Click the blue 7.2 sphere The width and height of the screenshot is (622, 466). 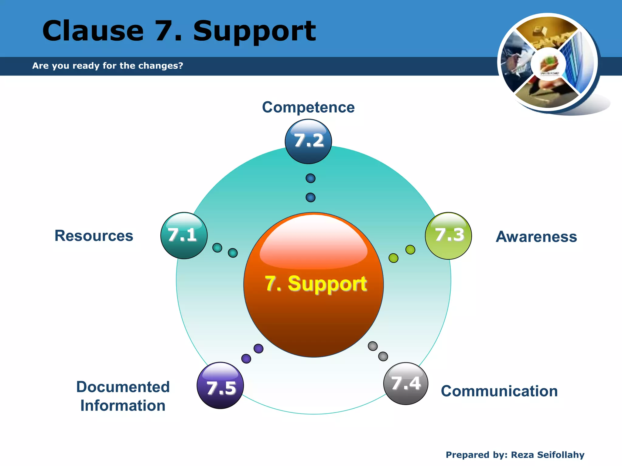[x=308, y=141]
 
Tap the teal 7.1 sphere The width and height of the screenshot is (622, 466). [x=184, y=235]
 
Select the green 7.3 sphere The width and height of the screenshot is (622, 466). [x=448, y=236]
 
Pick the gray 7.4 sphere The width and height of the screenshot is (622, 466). [x=406, y=383]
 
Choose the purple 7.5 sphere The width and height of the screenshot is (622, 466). [x=220, y=386]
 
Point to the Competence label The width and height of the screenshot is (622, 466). [x=308, y=107]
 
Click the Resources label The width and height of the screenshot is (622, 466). [x=94, y=236]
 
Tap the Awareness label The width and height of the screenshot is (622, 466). [x=536, y=237]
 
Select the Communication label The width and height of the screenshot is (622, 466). [x=499, y=391]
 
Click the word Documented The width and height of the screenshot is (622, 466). [x=123, y=387]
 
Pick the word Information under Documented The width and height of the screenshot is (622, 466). [x=123, y=406]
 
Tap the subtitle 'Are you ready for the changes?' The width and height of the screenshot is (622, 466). [x=108, y=66]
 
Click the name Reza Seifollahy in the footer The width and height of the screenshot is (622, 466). [x=548, y=455]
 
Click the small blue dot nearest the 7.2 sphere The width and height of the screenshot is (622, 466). [x=310, y=178]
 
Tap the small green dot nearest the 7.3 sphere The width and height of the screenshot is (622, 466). [x=410, y=250]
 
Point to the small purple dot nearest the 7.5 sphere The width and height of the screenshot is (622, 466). [x=246, y=359]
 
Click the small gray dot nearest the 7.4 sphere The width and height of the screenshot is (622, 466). [x=383, y=356]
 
